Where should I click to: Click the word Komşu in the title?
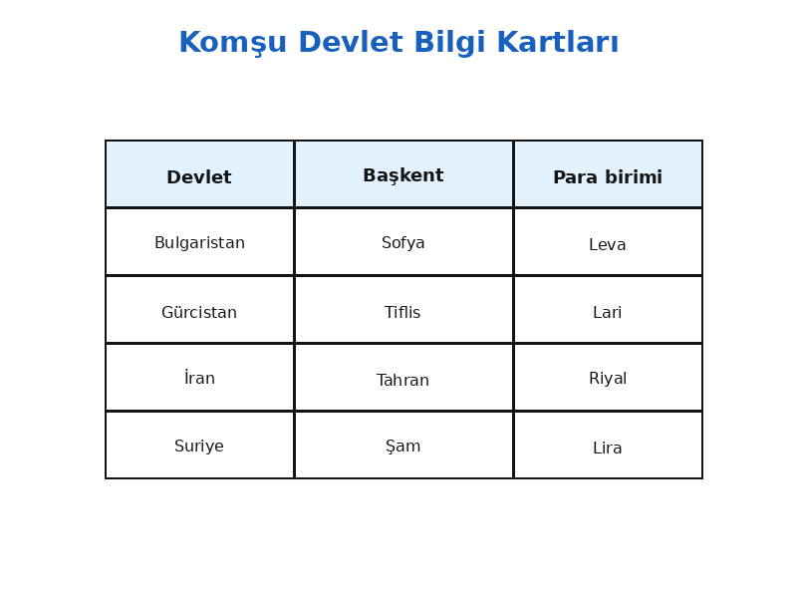click(x=233, y=43)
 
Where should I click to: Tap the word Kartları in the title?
click(x=558, y=42)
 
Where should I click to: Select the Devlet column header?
click(x=199, y=177)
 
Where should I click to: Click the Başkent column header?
click(x=403, y=175)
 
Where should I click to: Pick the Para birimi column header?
click(x=608, y=177)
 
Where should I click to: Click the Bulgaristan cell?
click(x=199, y=242)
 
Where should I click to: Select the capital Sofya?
click(x=403, y=242)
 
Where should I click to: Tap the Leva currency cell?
click(x=608, y=244)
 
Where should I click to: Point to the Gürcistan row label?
click(x=199, y=312)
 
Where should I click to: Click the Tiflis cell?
click(x=402, y=312)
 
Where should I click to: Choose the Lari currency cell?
click(x=608, y=312)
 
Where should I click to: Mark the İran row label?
click(x=199, y=378)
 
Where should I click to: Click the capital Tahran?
click(x=402, y=380)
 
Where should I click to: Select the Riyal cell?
click(x=608, y=379)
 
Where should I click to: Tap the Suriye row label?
click(x=199, y=446)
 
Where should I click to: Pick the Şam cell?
click(x=403, y=446)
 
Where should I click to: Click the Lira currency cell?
click(x=608, y=448)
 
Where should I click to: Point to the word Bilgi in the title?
click(x=449, y=43)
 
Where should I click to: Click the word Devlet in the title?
click(x=351, y=42)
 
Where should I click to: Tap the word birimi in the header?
click(x=634, y=177)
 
